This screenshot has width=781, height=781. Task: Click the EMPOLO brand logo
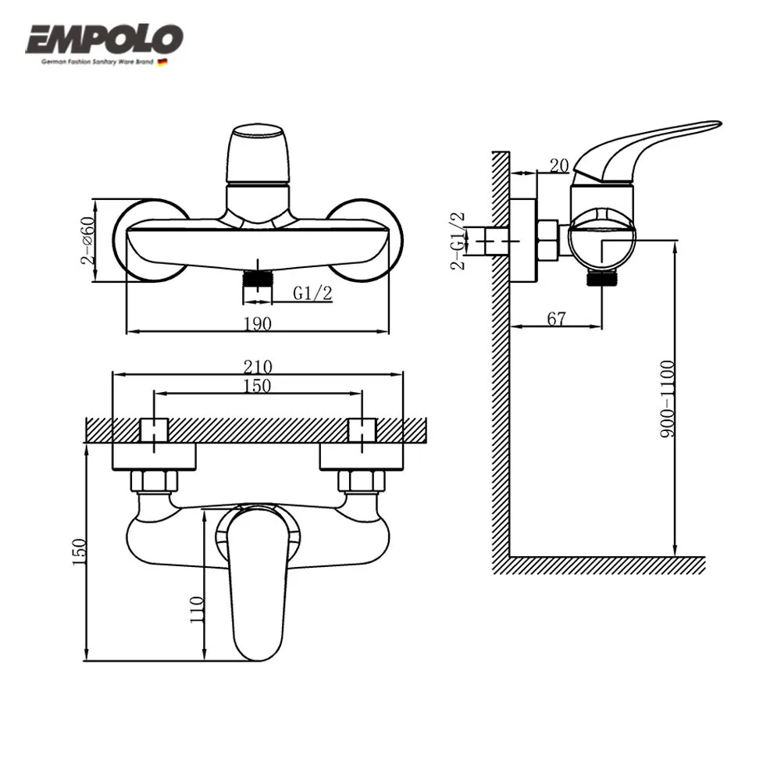tap(105, 39)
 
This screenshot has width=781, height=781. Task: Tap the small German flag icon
tap(162, 62)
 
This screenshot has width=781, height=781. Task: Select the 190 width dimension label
tap(259, 323)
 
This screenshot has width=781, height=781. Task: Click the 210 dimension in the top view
tap(259, 366)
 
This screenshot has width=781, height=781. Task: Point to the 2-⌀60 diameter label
tap(88, 239)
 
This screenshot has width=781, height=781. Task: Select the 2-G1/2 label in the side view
tap(458, 240)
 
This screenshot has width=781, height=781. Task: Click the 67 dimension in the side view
tap(555, 318)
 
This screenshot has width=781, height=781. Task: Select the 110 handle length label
tap(197, 608)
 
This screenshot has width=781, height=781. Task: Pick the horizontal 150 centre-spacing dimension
tap(259, 386)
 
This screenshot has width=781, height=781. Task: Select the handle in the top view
tap(258, 578)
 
